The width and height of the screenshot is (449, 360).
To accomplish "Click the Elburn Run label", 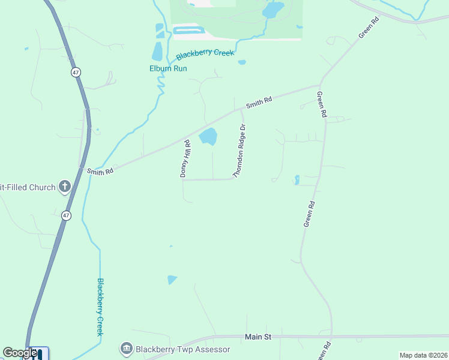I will pos(168,68).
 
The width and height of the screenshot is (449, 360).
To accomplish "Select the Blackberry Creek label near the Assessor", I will pos(101,307).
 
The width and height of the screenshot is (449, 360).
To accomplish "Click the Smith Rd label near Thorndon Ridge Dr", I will pos(259,103).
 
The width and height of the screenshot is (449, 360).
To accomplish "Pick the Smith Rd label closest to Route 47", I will pos(100,172).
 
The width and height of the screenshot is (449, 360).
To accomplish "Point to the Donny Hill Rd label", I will pos(185,158).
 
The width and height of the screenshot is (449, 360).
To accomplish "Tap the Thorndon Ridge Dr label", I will pos(240,151).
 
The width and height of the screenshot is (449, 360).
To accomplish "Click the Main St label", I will pos(258,337).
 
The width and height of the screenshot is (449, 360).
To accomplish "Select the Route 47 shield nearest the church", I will pos(66,215).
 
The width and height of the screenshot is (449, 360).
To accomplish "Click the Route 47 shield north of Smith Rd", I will pos(76,72).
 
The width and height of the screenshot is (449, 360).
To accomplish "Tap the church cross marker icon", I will pos(65,187).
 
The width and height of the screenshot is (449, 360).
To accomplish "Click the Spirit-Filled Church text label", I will pos(28,187).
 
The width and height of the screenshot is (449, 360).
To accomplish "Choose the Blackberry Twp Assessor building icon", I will pos(126,349).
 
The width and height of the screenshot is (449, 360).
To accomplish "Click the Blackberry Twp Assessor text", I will pos(182,349).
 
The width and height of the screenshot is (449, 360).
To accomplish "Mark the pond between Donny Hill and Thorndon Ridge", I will pos(208,136).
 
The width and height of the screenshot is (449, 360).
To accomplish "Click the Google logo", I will pos(19,353).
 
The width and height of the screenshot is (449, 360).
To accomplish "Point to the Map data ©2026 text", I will pos(423,355).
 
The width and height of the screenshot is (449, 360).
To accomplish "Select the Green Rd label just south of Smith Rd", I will pos(322,104).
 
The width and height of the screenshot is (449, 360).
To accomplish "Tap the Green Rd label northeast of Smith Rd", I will pos(369,28).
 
